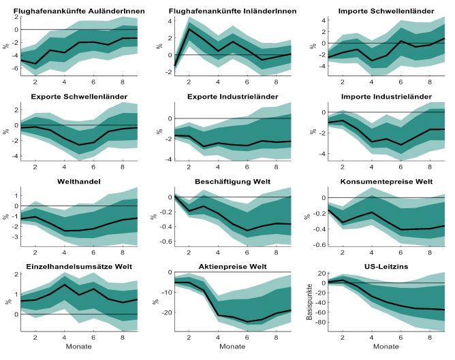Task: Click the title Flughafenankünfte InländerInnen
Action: tap(232, 12)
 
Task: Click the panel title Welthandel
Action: tap(79, 182)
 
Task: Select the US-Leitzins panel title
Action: tap(386, 267)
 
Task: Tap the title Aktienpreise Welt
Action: tap(232, 267)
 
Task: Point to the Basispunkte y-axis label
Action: tap(309, 302)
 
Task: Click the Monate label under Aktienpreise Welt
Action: tap(232, 346)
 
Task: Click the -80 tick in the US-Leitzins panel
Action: tap(321, 323)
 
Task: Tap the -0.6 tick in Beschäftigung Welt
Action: tap(166, 241)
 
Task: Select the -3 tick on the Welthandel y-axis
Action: tap(16, 237)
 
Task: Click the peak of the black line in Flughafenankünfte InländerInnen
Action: tap(189, 29)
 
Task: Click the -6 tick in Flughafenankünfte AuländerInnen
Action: tap(15, 69)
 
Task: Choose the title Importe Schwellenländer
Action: tap(386, 12)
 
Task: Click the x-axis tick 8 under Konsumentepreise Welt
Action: tap(430, 252)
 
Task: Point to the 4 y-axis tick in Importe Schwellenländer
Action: tap(324, 20)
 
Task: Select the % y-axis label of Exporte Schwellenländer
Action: tap(6, 131)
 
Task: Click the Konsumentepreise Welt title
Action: tap(386, 182)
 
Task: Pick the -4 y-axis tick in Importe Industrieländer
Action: tap(322, 154)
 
